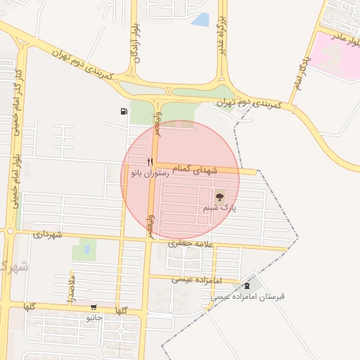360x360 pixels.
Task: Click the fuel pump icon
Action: coord(124,111)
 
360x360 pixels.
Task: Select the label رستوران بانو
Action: coord(149,173)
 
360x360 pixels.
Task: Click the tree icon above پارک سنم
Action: coord(219,198)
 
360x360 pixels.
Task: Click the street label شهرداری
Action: coord(48,233)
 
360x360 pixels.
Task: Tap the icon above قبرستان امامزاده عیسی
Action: coord(247,285)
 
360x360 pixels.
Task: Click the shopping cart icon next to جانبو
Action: coord(94,308)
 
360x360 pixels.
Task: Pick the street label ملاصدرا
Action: coord(71,290)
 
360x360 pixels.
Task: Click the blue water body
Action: coord(202,20)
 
